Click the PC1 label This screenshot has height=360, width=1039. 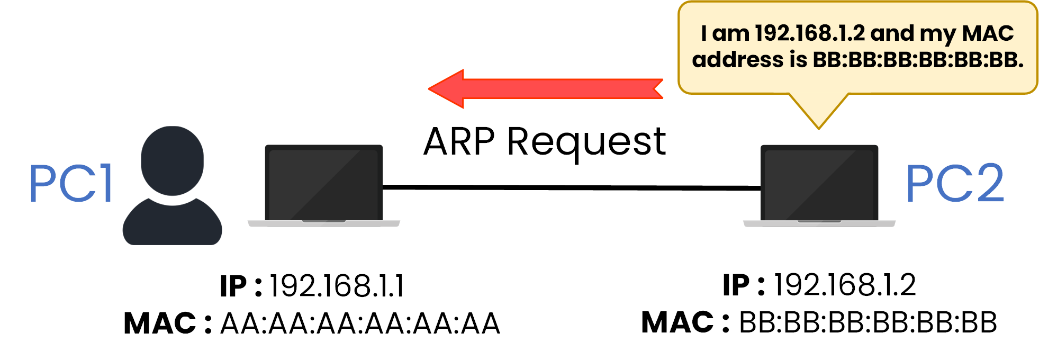tap(71, 183)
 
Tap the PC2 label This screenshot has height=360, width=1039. tap(954, 183)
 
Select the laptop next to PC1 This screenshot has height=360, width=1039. tap(324, 184)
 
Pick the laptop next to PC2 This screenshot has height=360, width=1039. tap(819, 184)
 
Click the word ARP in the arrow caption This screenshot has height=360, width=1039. tap(459, 142)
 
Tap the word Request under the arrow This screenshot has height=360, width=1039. tap(586, 143)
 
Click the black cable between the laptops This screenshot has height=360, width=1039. tap(572, 187)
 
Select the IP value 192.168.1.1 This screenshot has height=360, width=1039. tap(337, 286)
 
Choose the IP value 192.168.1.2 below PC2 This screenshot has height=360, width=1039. tap(845, 285)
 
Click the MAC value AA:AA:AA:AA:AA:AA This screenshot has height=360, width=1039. tap(360, 323)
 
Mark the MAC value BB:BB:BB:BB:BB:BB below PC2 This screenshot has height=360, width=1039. tap(868, 322)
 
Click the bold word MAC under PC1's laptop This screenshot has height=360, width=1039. tap(160, 323)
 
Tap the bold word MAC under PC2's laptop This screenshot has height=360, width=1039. tap(677, 322)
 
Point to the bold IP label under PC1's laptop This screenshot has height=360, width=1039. tap(233, 286)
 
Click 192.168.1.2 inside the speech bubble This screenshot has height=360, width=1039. tap(809, 33)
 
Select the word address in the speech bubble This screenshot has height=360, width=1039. tap(737, 60)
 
